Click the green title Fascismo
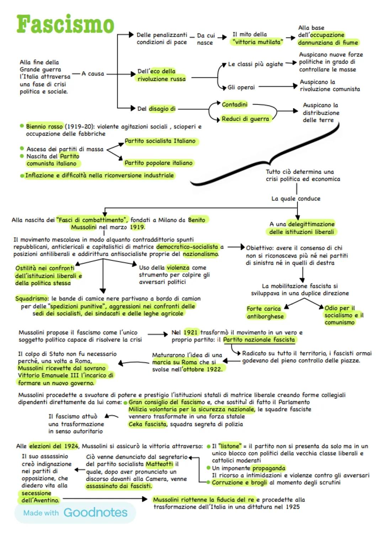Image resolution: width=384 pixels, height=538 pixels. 65,24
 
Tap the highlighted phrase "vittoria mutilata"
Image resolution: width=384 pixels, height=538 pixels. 257,42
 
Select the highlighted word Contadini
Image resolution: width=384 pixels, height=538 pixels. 234,104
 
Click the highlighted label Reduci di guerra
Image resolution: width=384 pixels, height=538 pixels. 245,119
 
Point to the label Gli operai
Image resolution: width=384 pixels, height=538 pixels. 241,87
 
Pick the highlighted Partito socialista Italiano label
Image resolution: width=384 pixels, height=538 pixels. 160,141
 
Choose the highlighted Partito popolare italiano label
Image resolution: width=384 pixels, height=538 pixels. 158,163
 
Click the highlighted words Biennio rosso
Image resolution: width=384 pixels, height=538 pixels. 44,126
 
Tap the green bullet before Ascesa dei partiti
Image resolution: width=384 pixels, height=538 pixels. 22,148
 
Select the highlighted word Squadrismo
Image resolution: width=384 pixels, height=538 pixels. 31,298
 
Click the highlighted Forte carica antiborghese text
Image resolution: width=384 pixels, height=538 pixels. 265,313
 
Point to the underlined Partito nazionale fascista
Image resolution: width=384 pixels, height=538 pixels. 259,340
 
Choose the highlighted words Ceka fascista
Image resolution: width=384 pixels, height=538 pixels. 147,424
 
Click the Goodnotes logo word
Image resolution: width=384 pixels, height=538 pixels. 95,512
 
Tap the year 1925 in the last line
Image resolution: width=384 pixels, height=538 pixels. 293,507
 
